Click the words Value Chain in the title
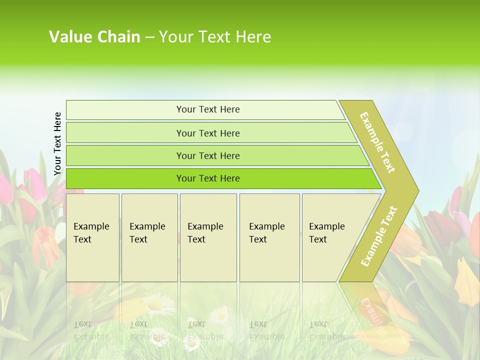94,37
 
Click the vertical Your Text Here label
57,143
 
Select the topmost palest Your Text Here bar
207,109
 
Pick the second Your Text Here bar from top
207,133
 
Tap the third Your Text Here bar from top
207,155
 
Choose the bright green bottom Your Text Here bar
207,178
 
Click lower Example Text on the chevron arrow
379,236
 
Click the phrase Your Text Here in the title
215,37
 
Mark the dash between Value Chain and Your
149,37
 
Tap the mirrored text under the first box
91,330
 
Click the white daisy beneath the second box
155,303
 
